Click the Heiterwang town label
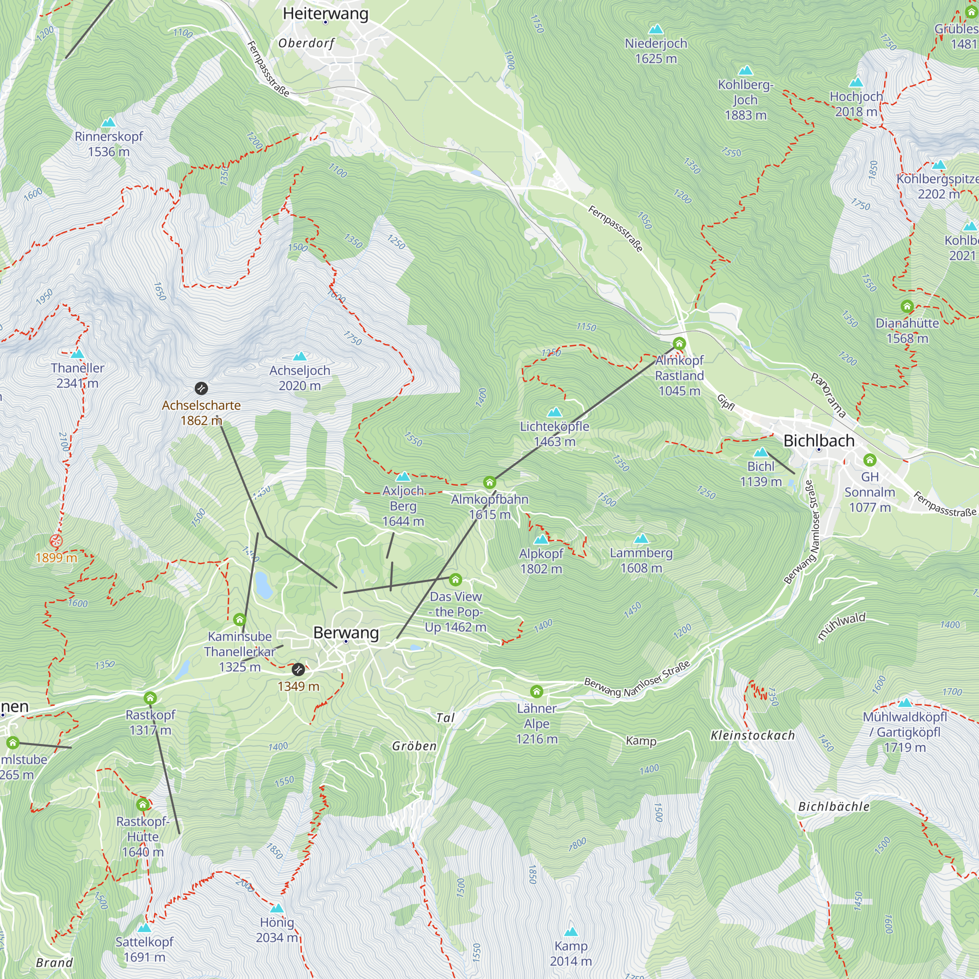coord(326,13)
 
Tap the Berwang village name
coord(346,632)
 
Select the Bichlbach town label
coord(819,441)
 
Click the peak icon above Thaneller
coord(77,354)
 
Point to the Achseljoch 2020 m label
coord(300,378)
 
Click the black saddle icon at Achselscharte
coord(201,389)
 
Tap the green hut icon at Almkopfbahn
coord(489,483)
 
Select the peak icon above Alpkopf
coord(541,539)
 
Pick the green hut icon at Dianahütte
coord(907,306)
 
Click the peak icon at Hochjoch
coord(856,82)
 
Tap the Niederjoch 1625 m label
coord(656,51)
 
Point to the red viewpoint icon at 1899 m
coord(56,541)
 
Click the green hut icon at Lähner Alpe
coord(536,691)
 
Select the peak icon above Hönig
coord(277,908)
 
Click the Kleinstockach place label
coord(752,735)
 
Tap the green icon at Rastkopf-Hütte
coord(143,804)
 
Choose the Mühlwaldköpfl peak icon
coord(905,703)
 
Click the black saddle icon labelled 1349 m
coord(299,669)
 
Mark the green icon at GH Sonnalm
coord(870,460)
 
